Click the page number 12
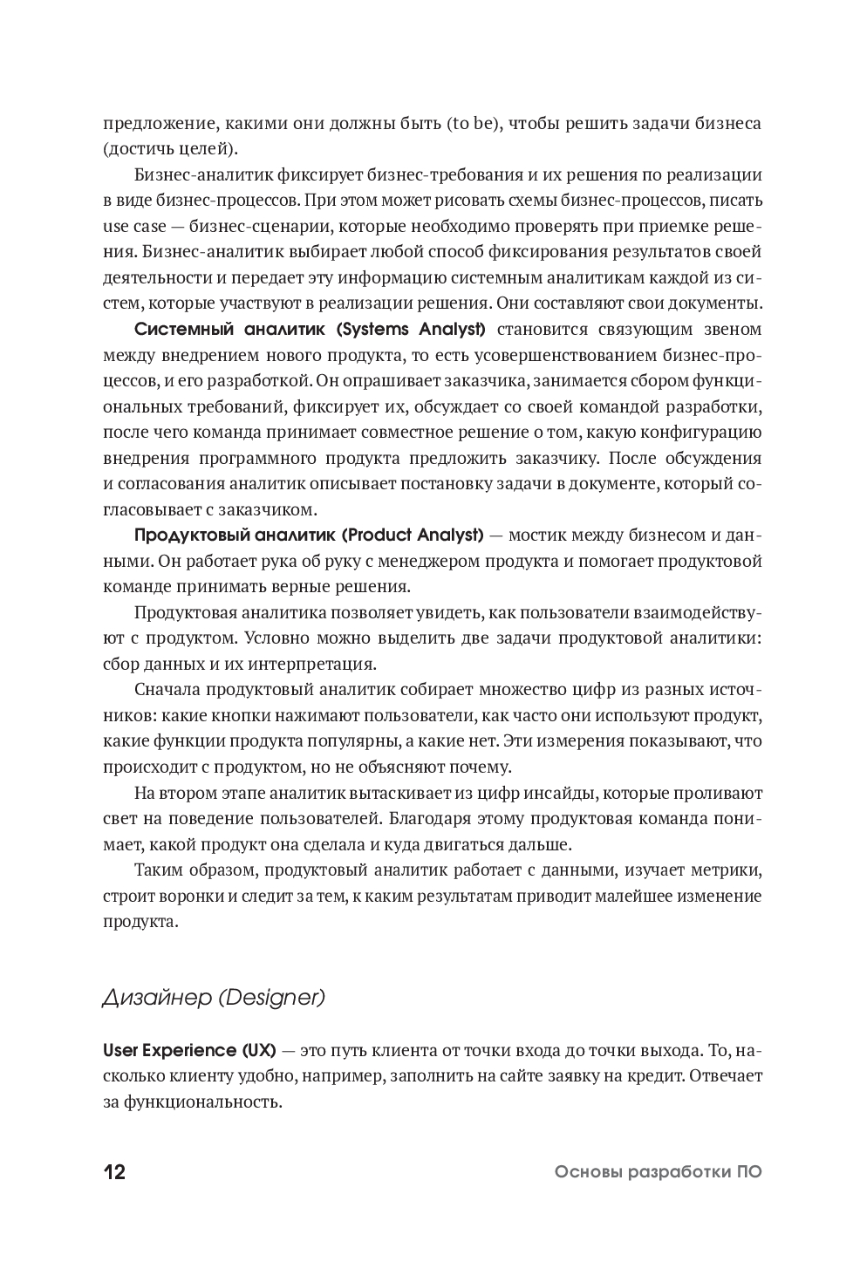[x=114, y=1172]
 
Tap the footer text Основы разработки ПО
[x=658, y=1172]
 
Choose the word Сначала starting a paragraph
[x=167, y=690]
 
